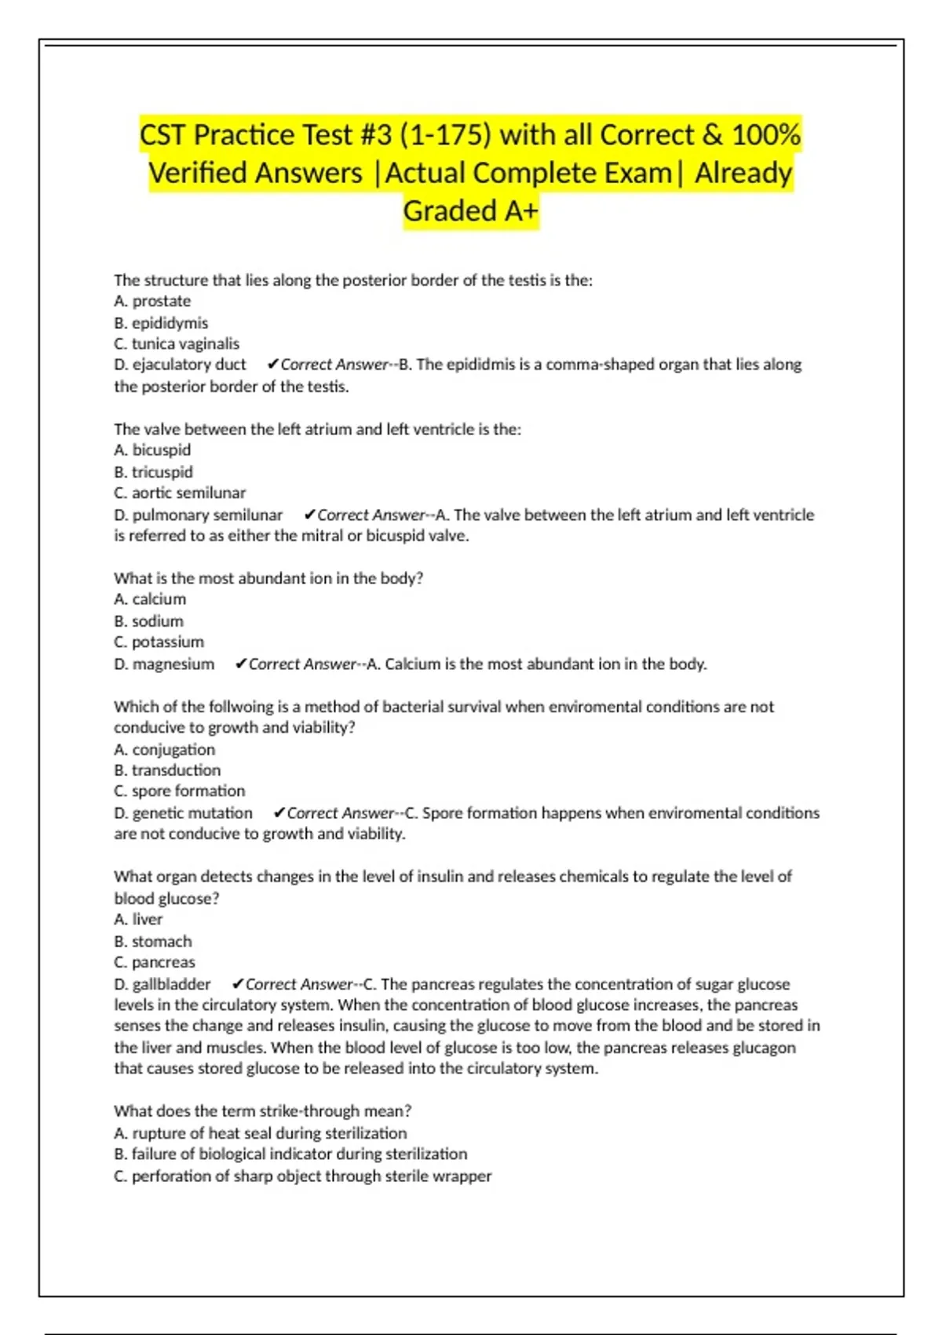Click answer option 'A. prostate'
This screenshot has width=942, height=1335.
click(152, 301)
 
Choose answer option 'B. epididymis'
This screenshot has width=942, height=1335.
click(161, 323)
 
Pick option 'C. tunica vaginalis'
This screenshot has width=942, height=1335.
click(177, 344)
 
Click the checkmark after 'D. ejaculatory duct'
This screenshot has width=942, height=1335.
click(273, 364)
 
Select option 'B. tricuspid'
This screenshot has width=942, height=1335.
click(153, 472)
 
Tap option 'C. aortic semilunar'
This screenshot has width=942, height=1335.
click(180, 493)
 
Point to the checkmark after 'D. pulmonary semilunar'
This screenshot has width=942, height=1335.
click(309, 515)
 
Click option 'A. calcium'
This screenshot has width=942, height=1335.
click(150, 599)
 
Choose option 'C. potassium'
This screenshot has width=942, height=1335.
click(159, 642)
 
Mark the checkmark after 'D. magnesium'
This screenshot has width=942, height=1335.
click(241, 664)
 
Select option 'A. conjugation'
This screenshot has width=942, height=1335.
click(164, 750)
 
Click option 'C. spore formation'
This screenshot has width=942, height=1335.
click(179, 792)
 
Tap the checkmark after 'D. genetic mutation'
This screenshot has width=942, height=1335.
click(279, 814)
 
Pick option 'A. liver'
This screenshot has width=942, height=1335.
click(138, 920)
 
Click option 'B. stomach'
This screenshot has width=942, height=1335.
click(152, 942)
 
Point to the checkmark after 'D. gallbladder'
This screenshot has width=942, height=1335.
click(238, 985)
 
